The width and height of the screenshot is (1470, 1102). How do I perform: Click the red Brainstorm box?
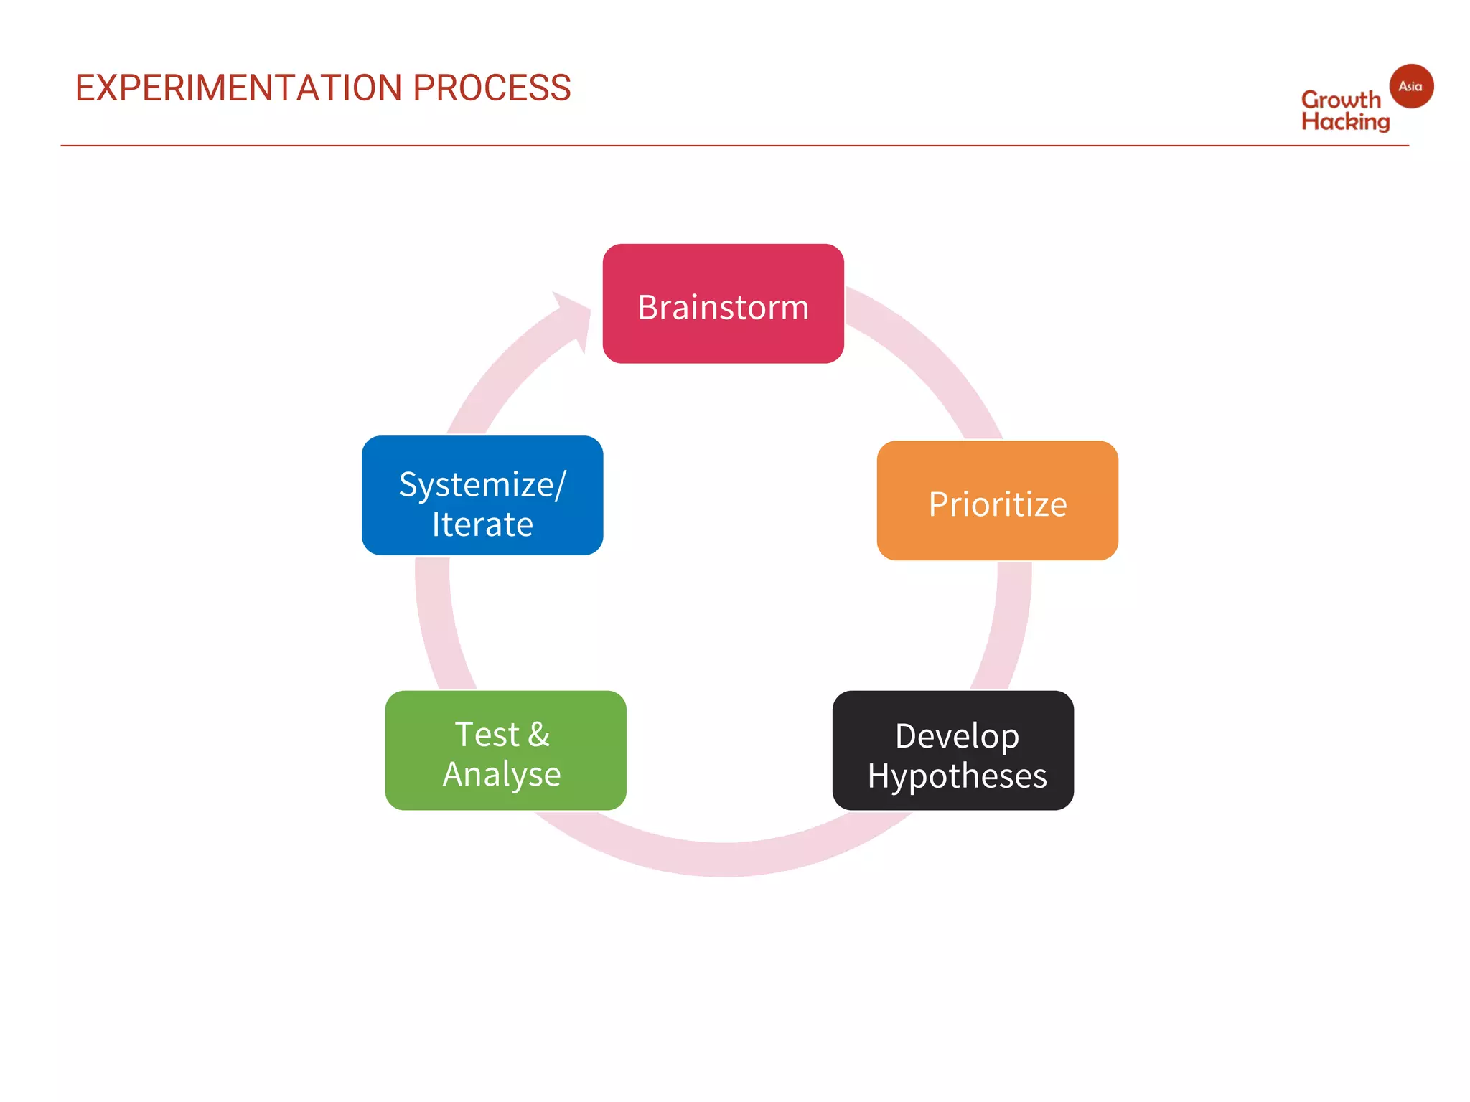pos(723,303)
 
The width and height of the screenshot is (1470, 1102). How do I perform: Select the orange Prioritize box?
pos(997,501)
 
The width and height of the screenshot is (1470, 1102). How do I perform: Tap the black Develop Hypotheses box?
pos(952,750)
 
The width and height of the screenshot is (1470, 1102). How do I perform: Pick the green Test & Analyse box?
pos(505,750)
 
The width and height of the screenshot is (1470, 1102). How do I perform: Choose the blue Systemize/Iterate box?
pos(482,495)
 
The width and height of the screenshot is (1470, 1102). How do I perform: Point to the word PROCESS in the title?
pos(492,88)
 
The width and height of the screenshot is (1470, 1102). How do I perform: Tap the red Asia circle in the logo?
pos(1411,86)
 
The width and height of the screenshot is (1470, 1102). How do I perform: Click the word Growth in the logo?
pos(1340,100)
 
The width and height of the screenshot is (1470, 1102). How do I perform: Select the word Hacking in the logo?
pos(1345,122)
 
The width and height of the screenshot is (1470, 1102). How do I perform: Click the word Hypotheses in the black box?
pos(957,776)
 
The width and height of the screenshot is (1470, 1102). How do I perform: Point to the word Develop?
pos(957,736)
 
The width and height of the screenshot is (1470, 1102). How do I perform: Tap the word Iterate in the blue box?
pos(482,524)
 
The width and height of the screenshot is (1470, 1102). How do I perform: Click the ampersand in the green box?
pos(539,735)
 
